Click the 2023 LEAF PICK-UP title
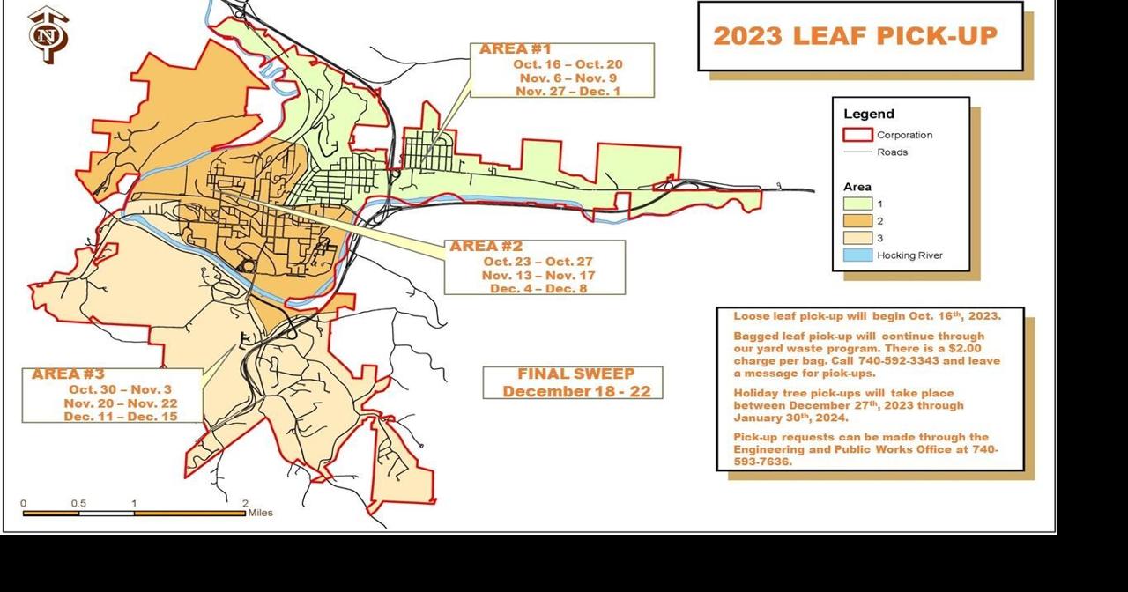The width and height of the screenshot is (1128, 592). click(855, 36)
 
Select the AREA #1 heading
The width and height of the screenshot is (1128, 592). click(516, 49)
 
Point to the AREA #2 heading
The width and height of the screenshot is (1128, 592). click(486, 247)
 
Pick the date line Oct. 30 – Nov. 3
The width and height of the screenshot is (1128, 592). click(120, 389)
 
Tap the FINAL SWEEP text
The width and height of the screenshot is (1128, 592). click(575, 374)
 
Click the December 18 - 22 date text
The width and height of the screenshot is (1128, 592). click(576, 391)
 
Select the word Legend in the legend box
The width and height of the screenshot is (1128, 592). click(868, 114)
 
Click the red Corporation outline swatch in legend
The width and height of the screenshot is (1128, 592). click(857, 135)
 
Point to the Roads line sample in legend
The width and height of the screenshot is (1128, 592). click(857, 152)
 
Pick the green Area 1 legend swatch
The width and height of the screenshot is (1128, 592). click(857, 203)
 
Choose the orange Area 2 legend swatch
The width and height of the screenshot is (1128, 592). click(857, 220)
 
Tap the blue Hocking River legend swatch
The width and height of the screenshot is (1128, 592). click(857, 255)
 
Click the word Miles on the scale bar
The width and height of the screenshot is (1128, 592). click(261, 513)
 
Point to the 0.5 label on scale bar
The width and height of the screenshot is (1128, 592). click(78, 503)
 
